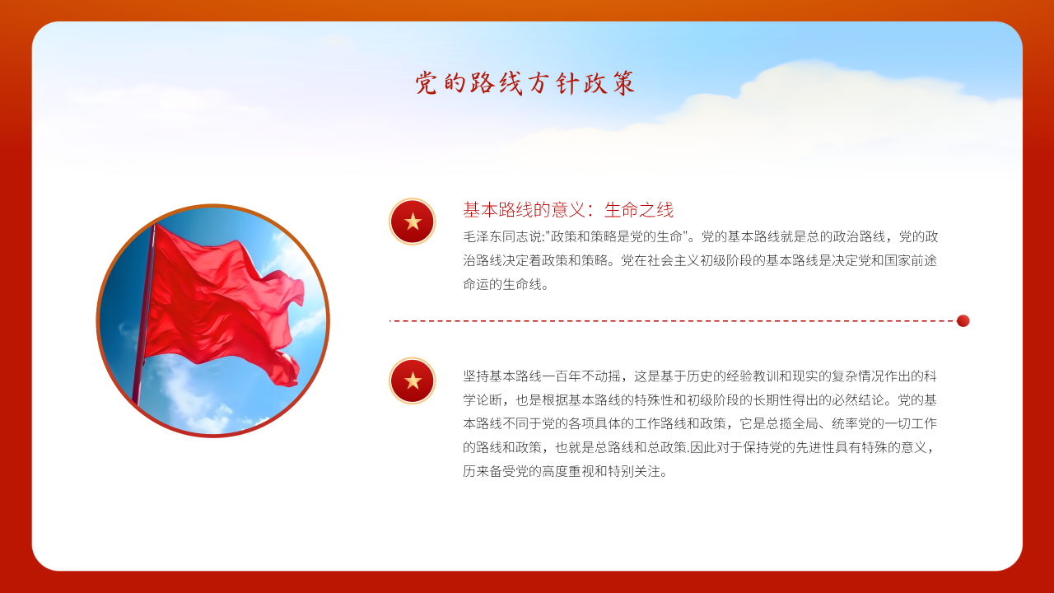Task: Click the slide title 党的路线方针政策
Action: pyautogui.click(x=525, y=83)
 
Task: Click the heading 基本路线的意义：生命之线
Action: pyautogui.click(x=568, y=210)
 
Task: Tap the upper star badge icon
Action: pyautogui.click(x=413, y=222)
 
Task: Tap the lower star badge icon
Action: pyautogui.click(x=413, y=381)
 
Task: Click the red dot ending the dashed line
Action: pyautogui.click(x=963, y=321)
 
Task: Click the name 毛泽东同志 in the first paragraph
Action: pyautogui.click(x=496, y=236)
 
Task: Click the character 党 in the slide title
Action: pyautogui.click(x=426, y=83)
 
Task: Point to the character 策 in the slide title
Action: pyautogui.click(x=624, y=83)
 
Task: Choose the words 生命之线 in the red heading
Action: pyautogui.click(x=639, y=210)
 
